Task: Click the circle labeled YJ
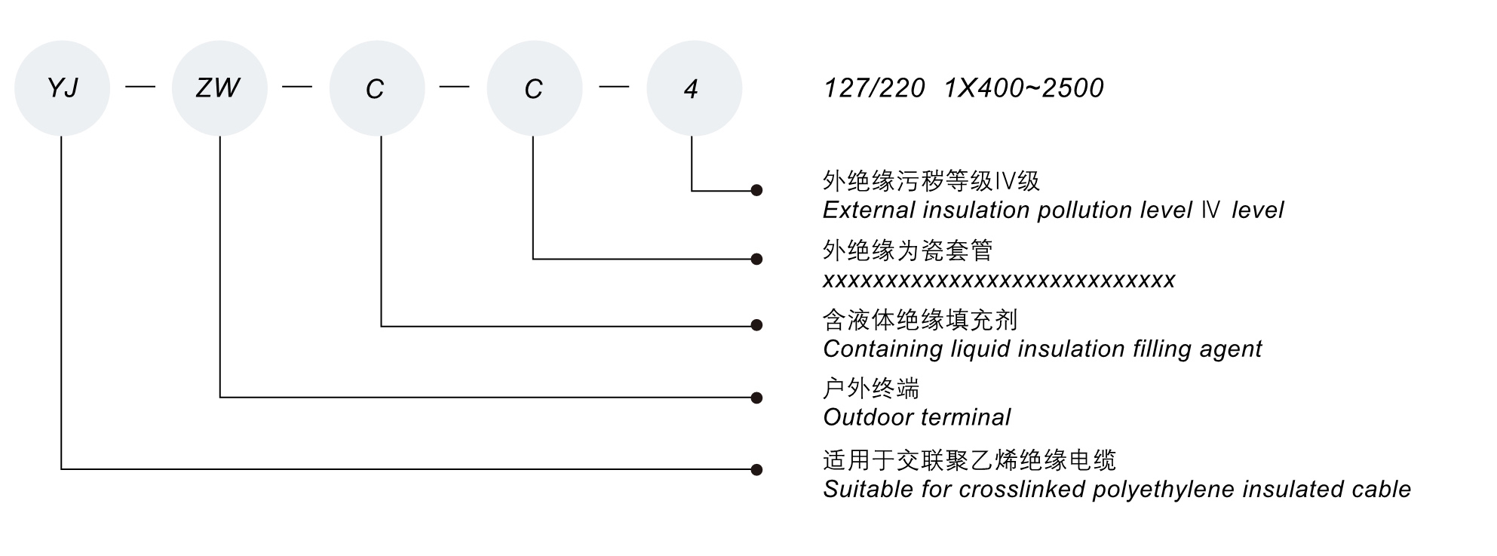click(62, 88)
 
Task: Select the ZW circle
click(219, 88)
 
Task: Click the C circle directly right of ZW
click(376, 88)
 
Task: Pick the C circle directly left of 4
click(534, 88)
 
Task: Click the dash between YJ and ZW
click(140, 88)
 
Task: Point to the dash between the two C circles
click(454, 88)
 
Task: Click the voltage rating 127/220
click(874, 88)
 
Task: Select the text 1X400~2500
click(1023, 88)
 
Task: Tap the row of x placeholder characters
click(999, 281)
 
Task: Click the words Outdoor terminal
click(916, 417)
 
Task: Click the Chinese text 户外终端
click(871, 389)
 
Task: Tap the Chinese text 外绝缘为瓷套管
click(907, 250)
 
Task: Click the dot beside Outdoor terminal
click(756, 398)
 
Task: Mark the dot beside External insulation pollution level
click(756, 190)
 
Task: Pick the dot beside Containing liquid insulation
click(756, 325)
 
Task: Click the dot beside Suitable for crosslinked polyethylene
click(756, 469)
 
